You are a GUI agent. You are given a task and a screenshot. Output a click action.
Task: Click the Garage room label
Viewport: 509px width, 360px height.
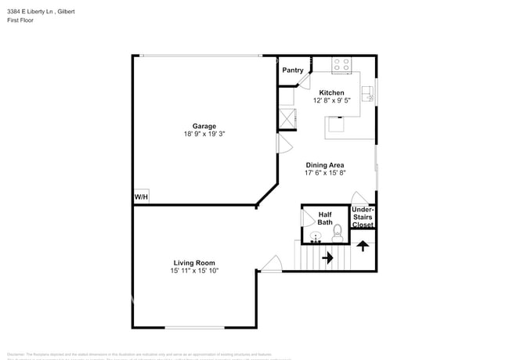pos(204,126)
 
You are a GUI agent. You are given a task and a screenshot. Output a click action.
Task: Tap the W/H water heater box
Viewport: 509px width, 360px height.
pos(141,196)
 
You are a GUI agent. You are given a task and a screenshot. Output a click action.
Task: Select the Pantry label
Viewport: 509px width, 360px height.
pos(293,70)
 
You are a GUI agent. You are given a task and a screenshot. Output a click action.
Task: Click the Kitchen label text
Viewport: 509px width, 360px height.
pos(331,92)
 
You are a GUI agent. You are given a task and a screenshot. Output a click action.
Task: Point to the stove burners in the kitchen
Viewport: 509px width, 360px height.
pos(341,65)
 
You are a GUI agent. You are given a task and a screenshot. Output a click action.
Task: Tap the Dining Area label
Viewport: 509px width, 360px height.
pos(324,165)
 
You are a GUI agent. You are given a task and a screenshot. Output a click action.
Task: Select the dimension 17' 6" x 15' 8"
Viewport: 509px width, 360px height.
pos(324,173)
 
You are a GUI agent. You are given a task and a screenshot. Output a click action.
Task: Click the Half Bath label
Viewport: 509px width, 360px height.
pos(325,218)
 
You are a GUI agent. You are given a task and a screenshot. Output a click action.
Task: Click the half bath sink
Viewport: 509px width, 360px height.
pos(316,236)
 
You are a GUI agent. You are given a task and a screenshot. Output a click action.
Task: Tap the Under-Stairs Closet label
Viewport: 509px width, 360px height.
pos(363,217)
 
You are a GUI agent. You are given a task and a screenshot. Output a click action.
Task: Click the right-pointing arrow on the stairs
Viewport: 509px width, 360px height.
pos(327,256)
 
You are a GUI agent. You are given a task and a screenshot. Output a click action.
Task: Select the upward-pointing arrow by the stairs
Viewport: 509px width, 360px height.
pos(362,246)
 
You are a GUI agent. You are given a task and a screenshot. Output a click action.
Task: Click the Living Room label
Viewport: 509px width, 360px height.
pos(194,263)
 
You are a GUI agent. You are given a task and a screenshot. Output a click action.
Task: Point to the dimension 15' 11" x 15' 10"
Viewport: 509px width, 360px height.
pos(194,271)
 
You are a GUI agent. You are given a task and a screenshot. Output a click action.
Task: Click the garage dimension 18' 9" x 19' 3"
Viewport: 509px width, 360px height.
pos(204,134)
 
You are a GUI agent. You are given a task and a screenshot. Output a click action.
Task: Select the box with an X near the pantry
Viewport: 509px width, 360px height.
pos(287,119)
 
